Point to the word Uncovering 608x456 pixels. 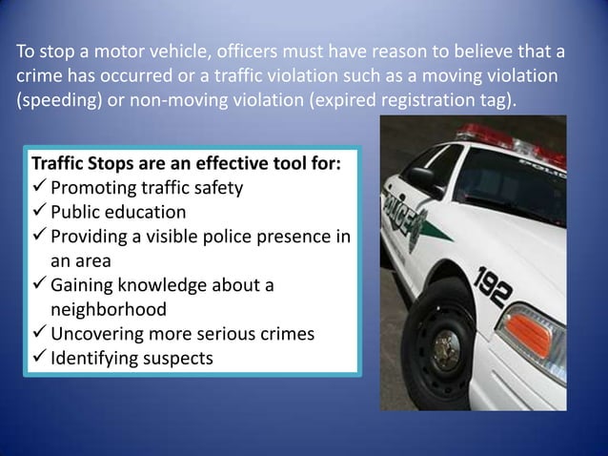[x=98, y=334]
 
